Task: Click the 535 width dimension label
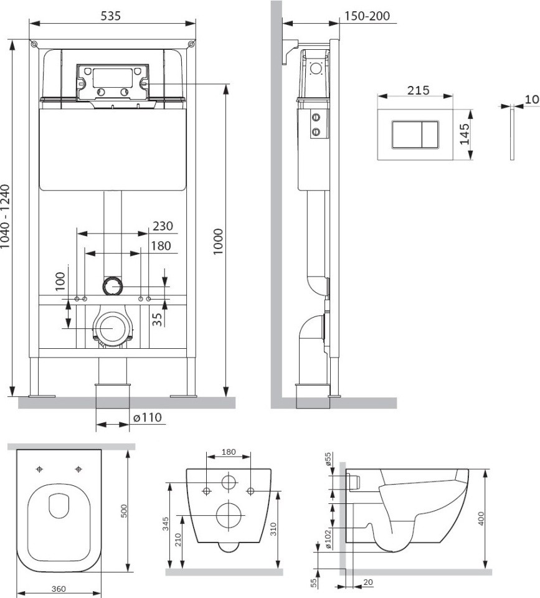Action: click(x=111, y=16)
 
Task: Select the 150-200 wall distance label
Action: click(x=367, y=16)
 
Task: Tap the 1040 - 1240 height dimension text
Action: click(x=6, y=217)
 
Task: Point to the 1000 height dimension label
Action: click(x=218, y=242)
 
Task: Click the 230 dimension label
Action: click(x=163, y=226)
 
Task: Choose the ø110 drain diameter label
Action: click(x=147, y=418)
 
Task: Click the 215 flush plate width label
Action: click(x=419, y=91)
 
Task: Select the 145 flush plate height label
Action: click(x=464, y=135)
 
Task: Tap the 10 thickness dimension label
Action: click(x=532, y=100)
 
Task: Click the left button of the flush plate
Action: click(x=407, y=135)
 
